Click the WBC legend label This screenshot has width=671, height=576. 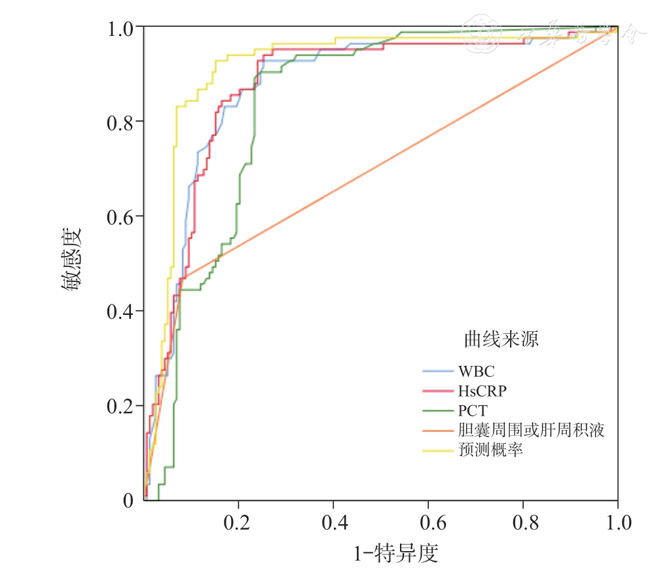476,371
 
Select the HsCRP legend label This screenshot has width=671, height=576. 482,391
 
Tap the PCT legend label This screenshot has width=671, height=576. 473,411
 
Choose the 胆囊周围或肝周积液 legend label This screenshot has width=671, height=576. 530,431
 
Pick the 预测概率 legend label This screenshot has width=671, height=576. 490,450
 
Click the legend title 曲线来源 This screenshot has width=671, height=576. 501,340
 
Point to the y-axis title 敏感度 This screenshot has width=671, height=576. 72,261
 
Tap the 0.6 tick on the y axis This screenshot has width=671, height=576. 120,217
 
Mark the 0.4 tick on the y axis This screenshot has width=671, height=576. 120,312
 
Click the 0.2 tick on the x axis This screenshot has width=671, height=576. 238,523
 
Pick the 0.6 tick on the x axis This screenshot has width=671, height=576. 428,523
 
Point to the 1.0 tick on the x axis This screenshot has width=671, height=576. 617,523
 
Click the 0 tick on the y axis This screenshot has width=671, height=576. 128,501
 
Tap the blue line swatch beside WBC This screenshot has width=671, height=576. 438,371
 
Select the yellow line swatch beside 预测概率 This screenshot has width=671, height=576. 438,450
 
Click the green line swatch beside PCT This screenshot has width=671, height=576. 438,411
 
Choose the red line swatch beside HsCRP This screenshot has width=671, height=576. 438,391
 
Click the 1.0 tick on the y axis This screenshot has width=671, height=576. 120,28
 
